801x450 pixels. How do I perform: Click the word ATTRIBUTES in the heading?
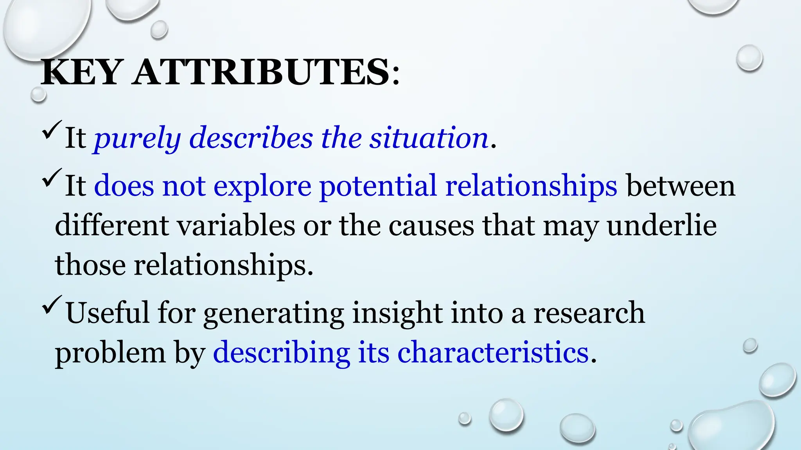point(260,73)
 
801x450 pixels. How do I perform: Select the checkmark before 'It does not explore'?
point(51,178)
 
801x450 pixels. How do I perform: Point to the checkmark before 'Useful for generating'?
point(51,305)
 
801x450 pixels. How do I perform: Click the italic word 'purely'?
point(137,139)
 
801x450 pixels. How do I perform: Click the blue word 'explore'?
point(262,186)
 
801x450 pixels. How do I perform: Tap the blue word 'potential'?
point(377,186)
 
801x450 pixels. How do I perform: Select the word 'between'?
point(681,186)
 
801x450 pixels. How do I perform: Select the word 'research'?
point(589,313)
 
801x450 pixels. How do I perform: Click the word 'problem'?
point(110,353)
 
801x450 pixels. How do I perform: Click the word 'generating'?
point(274,314)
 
